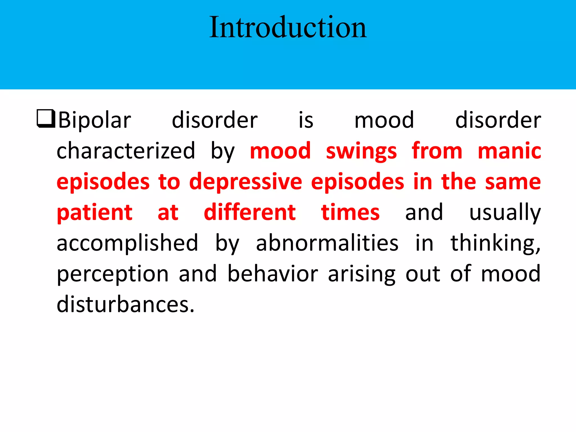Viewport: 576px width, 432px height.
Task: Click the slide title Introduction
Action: pos(288,27)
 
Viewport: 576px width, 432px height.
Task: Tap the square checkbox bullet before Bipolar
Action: pos(46,119)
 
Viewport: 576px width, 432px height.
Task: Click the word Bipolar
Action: pos(95,120)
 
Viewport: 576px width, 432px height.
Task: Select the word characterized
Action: pos(126,151)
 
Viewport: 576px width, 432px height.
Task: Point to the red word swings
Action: pos(361,152)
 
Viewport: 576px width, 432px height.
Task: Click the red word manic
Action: pos(509,151)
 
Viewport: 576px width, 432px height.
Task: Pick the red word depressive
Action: pos(246,182)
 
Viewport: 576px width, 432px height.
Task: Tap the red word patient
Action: pos(94,213)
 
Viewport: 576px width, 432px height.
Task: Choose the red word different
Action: pos(249,212)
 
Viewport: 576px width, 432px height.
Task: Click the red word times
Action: pos(350,212)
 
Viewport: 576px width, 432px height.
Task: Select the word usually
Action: pos(505,213)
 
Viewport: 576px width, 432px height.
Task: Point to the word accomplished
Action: pos(127,243)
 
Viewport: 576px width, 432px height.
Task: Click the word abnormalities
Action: pos(327,243)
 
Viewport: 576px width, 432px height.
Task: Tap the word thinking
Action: pos(495,244)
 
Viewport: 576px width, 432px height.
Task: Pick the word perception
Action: pos(112,274)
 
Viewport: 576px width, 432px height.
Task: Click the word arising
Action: pos(362,274)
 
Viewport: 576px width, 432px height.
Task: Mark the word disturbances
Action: pos(125,305)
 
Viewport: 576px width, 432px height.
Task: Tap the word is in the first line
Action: pos(306,120)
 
